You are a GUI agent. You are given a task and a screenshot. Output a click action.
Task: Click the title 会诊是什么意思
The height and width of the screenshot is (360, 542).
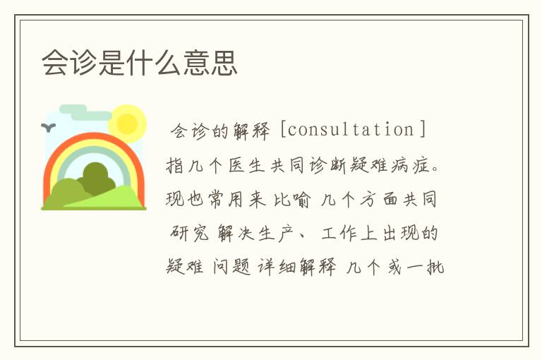pos(140,62)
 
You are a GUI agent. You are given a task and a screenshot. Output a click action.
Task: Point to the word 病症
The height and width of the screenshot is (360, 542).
pos(414,165)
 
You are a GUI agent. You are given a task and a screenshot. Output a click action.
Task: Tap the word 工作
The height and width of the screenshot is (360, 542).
pos(339,234)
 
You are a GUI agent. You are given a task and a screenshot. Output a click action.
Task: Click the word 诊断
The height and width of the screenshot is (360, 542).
pos(330,165)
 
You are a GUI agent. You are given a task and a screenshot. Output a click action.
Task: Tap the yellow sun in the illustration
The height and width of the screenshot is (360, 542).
pos(128,123)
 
